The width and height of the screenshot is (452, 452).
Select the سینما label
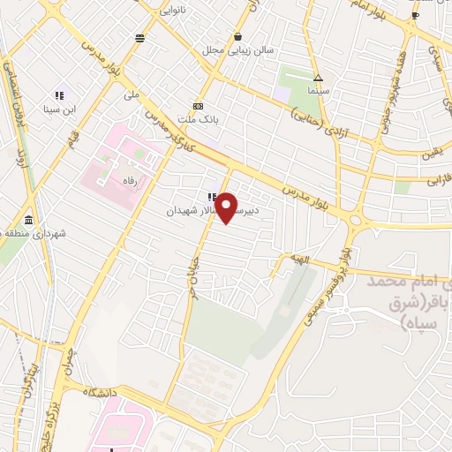click(x=318, y=90)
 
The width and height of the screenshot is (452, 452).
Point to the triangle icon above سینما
click(x=318, y=78)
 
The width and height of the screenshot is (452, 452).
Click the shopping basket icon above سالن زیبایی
click(x=238, y=37)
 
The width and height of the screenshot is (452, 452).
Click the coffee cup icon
click(x=416, y=15)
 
